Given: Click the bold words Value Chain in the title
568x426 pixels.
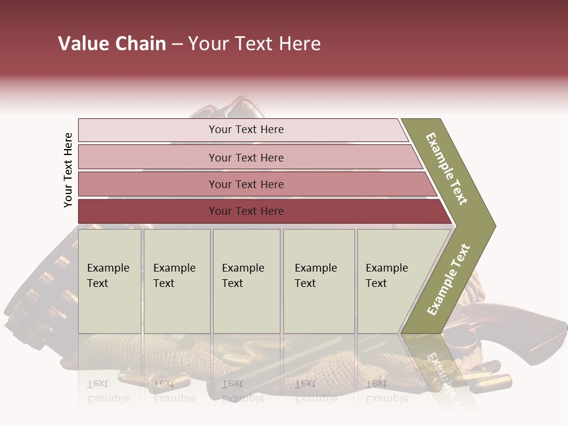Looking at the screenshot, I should (112, 44).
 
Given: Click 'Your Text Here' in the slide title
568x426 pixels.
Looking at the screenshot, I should (254, 44).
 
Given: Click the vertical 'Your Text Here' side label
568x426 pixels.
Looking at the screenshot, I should (68, 170).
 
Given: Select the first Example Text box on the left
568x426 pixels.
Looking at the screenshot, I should (109, 280).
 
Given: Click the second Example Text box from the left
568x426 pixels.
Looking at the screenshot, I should (176, 280).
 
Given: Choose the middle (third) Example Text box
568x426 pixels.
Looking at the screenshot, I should (246, 280).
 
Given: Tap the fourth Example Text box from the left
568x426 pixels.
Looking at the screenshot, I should (318, 280).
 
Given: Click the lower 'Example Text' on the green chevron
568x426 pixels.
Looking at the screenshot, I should (448, 279).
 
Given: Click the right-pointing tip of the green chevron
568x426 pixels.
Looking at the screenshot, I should (492, 225).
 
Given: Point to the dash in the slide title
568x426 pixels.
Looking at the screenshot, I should (177, 44).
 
